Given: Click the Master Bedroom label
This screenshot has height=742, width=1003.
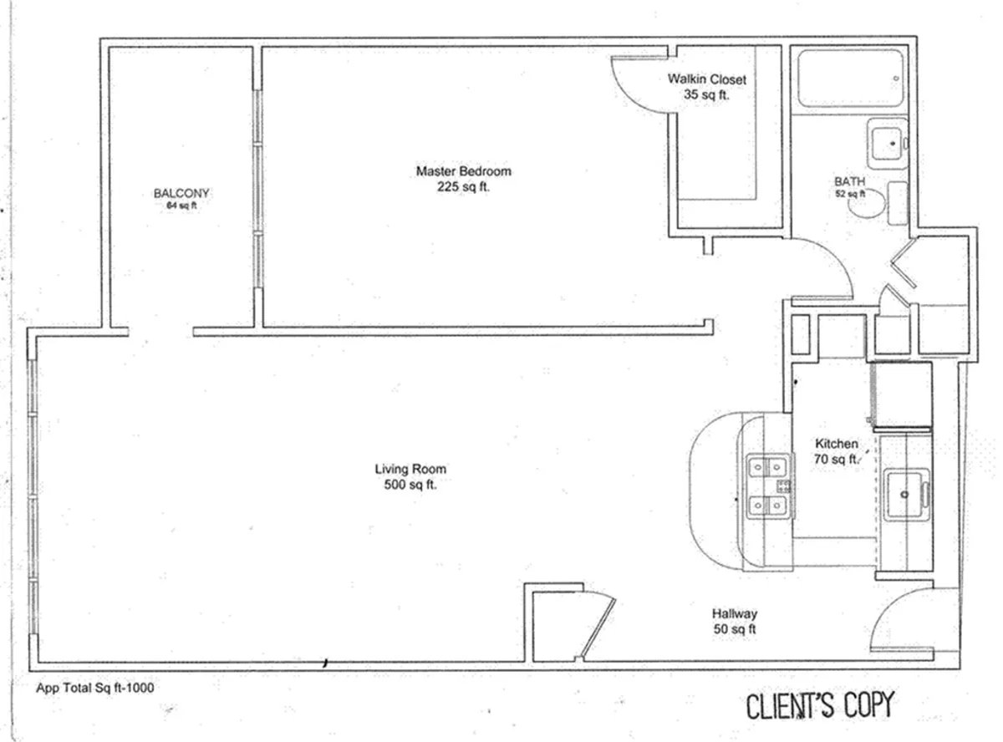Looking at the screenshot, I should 463,171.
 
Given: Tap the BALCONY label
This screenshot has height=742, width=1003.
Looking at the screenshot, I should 181,193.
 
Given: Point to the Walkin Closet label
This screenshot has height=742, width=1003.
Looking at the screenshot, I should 706,79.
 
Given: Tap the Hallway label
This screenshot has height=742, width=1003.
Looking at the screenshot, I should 735,613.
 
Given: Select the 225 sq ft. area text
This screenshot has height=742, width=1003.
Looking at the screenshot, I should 463,187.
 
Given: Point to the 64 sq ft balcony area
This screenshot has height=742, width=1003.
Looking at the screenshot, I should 181,205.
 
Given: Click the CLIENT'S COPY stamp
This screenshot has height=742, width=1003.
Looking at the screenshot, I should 818,705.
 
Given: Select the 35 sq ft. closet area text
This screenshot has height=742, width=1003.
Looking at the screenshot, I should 706,94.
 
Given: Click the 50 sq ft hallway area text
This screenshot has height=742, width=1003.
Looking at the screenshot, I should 735,629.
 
